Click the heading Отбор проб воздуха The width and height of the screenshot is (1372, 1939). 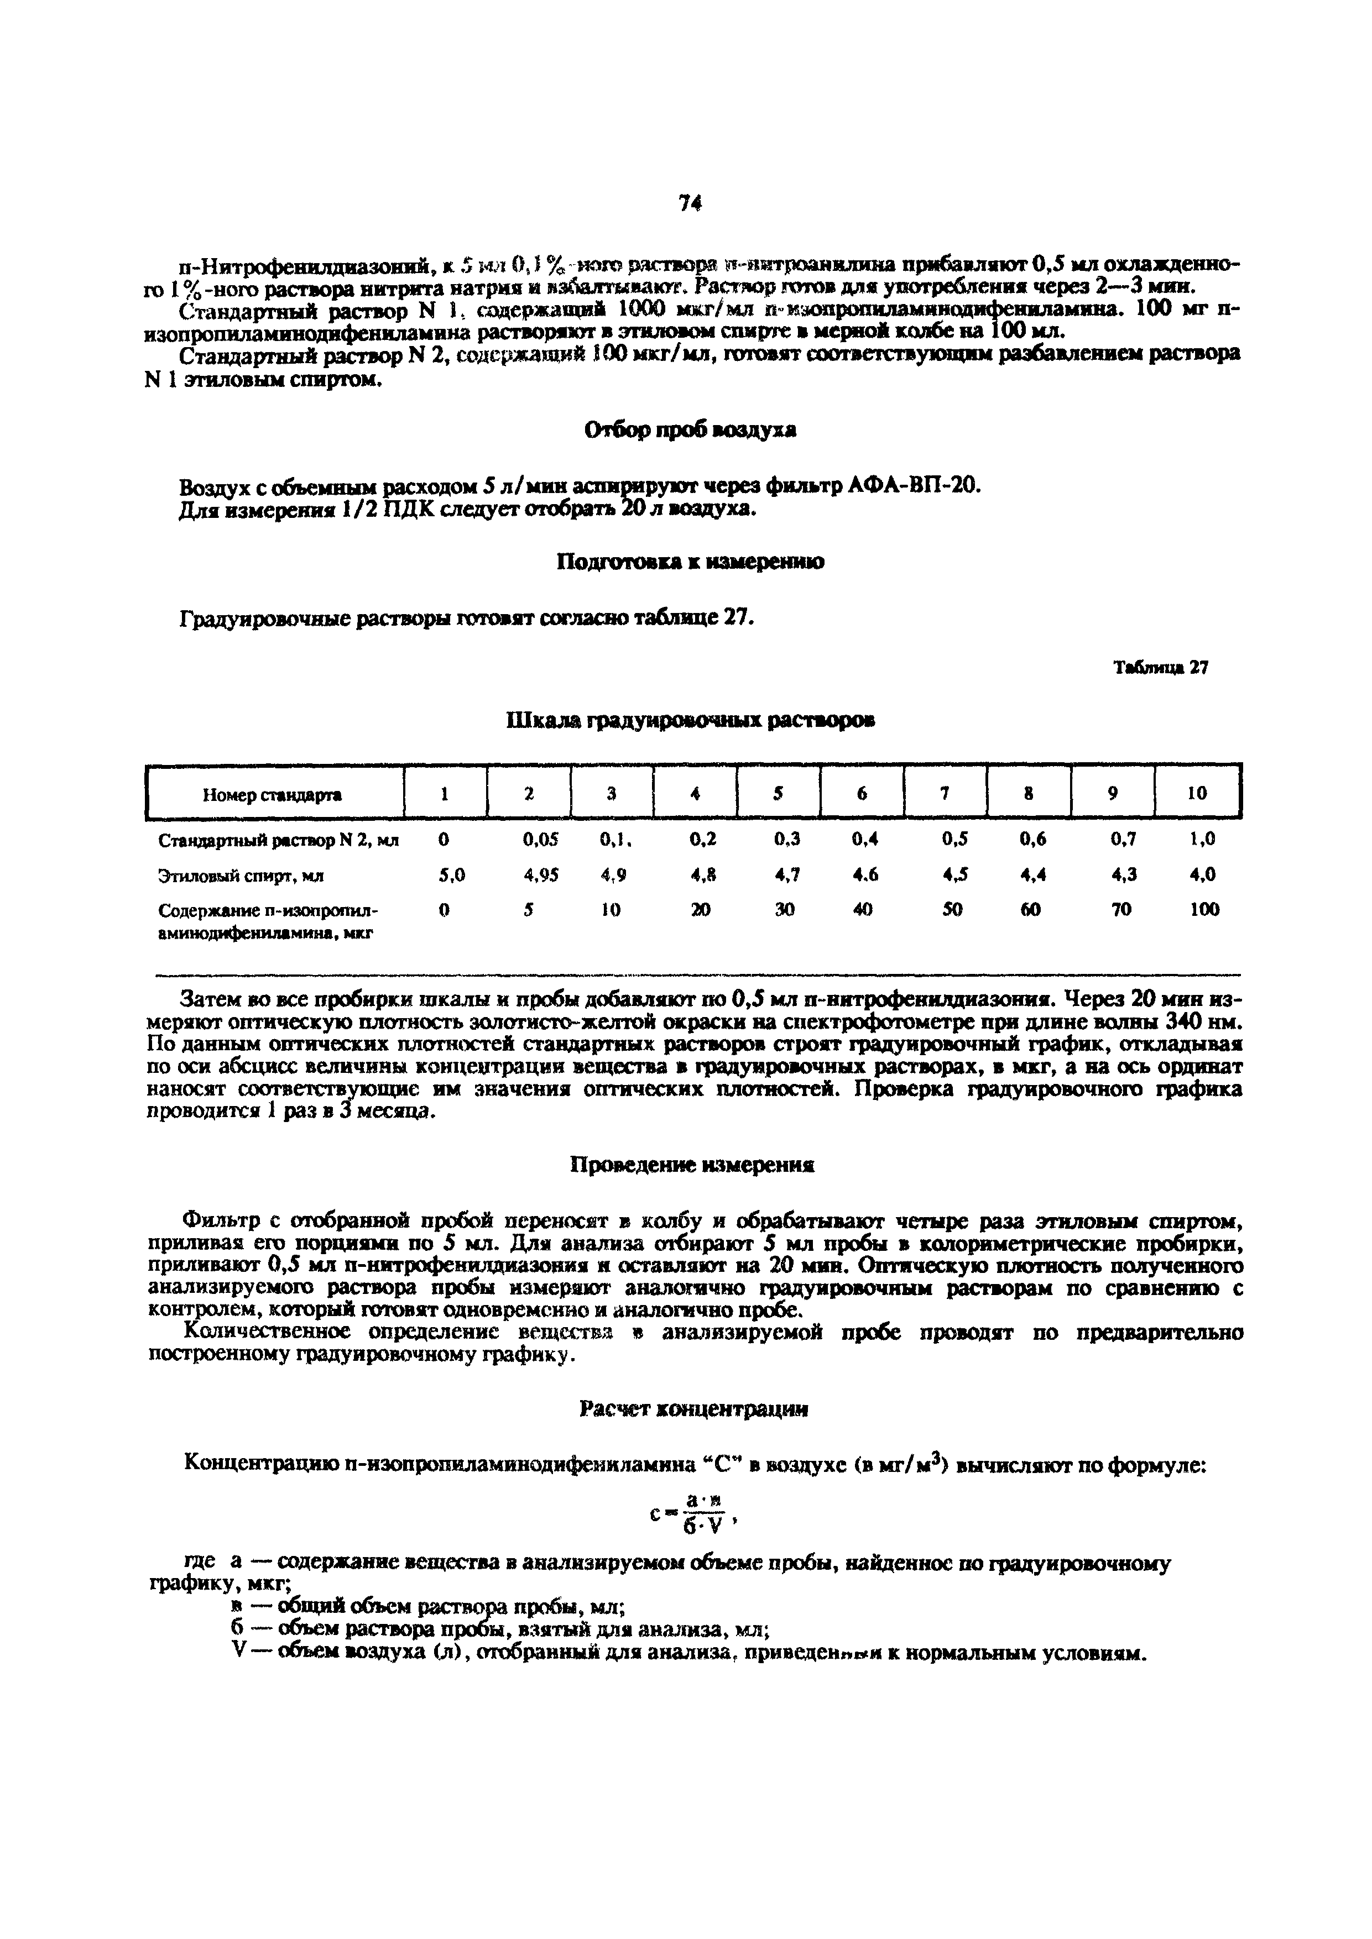click(x=690, y=431)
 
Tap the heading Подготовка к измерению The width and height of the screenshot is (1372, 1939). click(x=690, y=562)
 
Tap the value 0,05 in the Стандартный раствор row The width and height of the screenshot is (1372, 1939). click(x=541, y=840)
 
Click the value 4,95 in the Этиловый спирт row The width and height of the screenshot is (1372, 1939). click(x=541, y=875)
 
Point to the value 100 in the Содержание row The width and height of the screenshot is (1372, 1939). click(x=1204, y=910)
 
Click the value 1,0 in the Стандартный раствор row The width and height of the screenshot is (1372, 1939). click(x=1202, y=840)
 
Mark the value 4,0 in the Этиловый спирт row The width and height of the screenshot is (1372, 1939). click(x=1202, y=875)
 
